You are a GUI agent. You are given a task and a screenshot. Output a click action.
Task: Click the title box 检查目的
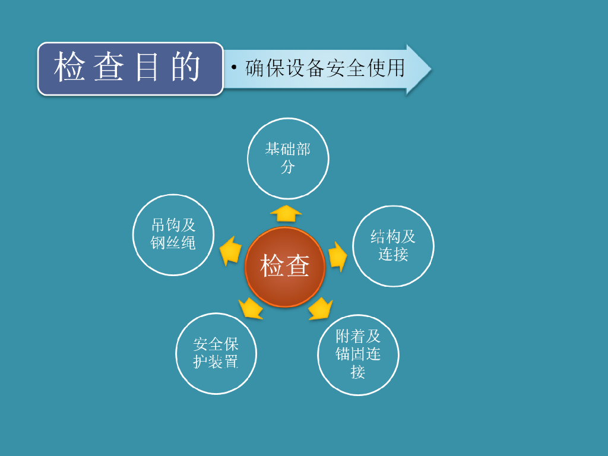click(x=130, y=69)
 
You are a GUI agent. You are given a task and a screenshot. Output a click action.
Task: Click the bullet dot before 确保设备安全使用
click(x=234, y=67)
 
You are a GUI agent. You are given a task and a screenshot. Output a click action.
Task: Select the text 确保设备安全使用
click(x=325, y=68)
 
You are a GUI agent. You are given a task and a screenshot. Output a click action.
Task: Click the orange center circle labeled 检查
click(x=285, y=267)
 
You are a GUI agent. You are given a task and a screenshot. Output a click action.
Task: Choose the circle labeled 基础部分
click(x=287, y=158)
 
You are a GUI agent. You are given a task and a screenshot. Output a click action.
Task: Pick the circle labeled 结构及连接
click(x=393, y=246)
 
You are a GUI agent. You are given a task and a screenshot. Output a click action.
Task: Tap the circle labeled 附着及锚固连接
click(x=357, y=354)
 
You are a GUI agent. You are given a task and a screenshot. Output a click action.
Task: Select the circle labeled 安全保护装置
click(x=216, y=353)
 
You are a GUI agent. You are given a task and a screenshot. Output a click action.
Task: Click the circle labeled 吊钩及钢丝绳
click(x=173, y=235)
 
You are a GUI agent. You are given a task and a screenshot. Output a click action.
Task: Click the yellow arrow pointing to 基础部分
click(x=286, y=213)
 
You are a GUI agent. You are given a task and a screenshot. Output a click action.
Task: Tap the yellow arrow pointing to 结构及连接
click(x=337, y=255)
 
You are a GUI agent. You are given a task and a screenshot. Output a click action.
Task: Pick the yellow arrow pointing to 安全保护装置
click(x=251, y=308)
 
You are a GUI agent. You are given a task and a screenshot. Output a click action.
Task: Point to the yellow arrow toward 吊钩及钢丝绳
click(x=230, y=251)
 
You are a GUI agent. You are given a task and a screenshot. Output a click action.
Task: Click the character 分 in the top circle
click(x=287, y=167)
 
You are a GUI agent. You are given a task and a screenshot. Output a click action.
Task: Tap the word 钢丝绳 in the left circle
click(x=173, y=243)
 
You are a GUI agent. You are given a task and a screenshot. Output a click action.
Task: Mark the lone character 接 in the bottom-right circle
click(x=357, y=372)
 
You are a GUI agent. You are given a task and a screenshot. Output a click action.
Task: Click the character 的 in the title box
click(x=186, y=68)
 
